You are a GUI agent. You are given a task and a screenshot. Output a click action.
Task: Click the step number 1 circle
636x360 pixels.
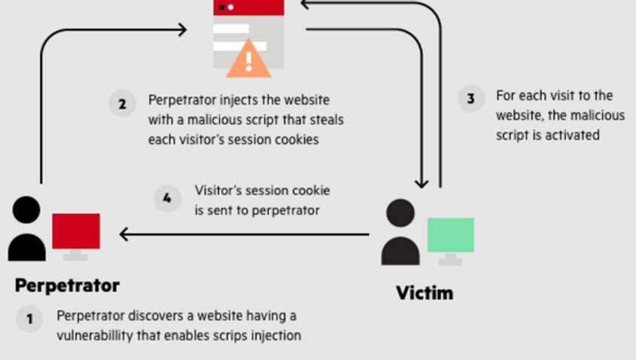(x=29, y=319)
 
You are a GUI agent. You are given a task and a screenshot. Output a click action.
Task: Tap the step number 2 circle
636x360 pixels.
(x=122, y=102)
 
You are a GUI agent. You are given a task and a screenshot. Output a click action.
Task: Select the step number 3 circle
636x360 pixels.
(x=471, y=99)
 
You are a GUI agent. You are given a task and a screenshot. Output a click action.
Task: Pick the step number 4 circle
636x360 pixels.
(x=167, y=198)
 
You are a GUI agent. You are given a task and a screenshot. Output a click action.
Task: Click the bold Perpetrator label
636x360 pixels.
(x=67, y=286)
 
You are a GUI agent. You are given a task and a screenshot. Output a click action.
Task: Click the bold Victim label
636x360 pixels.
(x=425, y=292)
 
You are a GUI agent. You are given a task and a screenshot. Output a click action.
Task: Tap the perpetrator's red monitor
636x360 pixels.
(x=75, y=231)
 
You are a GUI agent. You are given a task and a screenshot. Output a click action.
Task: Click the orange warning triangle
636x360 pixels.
(x=248, y=59)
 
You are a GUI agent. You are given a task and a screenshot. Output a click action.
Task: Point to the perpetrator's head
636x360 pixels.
(x=27, y=209)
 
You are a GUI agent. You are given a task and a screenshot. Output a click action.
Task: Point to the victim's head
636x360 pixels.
(x=400, y=212)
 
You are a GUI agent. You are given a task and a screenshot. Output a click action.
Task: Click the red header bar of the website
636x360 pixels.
(x=248, y=7)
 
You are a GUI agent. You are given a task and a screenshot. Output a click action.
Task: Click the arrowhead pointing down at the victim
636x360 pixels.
(x=421, y=182)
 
